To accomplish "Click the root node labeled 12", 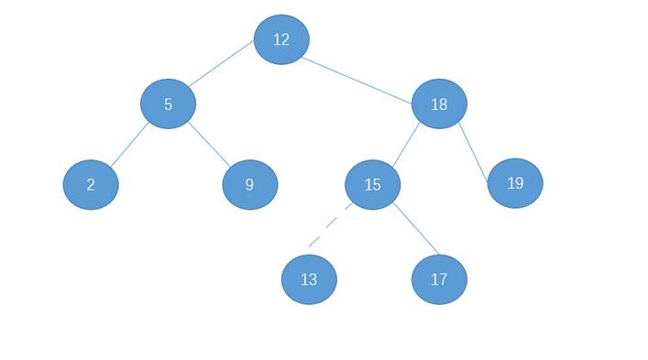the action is coord(281,39).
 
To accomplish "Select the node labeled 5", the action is coord(169,104).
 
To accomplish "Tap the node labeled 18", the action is coord(439,104).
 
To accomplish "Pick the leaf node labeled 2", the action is coord(91,184).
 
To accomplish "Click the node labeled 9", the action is coord(250,184).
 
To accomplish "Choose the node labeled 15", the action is coord(372,184).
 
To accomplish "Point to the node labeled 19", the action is coord(515,183).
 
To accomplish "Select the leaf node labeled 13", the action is coord(309,279).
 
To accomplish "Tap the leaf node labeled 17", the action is coord(439,279).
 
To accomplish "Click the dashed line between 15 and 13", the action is coord(331,225).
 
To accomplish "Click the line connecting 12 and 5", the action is coord(221,63).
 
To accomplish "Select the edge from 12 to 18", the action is coord(357,80).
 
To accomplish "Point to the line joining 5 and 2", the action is coord(129,145).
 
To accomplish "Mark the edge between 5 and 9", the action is coord(209,145).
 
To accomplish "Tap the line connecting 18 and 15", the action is coord(406,145).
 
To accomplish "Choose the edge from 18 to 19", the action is coord(474,152).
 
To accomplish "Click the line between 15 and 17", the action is coord(416,228).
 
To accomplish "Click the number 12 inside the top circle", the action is coord(281,39).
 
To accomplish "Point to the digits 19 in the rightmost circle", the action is coord(515,183).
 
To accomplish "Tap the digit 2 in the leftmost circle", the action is coord(91,184).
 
